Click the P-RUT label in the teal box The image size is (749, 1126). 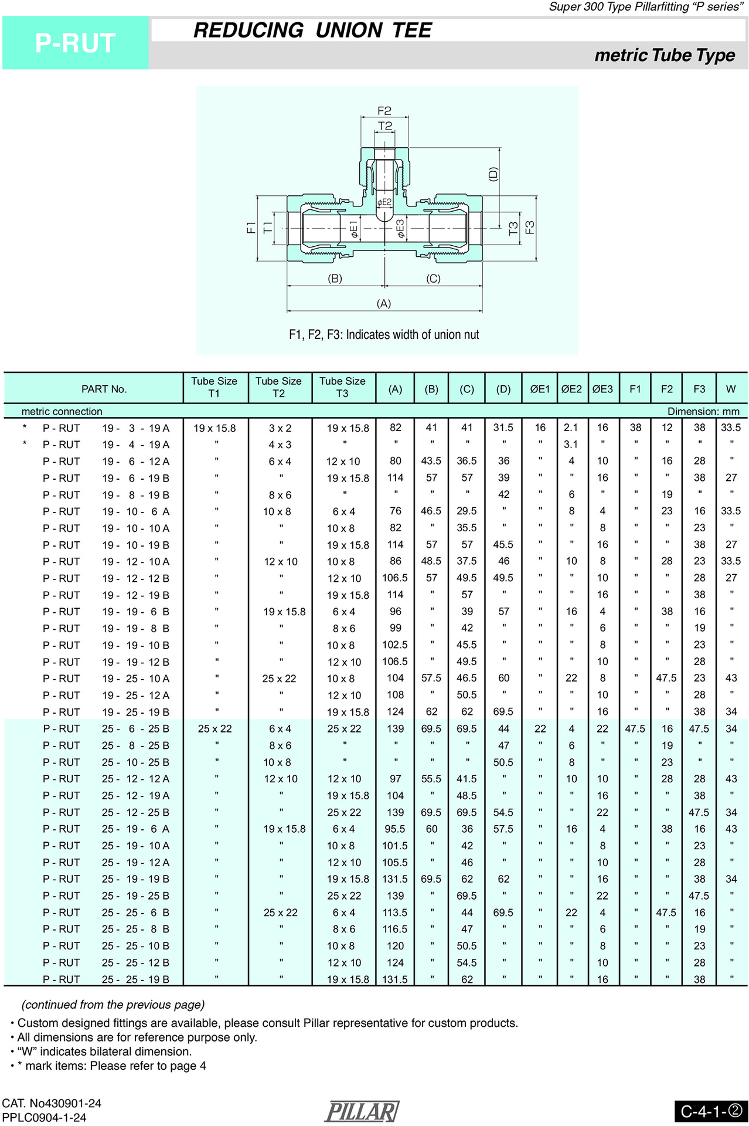point(75,43)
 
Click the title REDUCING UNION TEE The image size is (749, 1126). point(312,30)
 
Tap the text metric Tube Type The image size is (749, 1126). point(664,55)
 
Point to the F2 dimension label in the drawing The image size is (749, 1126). point(384,110)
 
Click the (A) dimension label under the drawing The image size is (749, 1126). point(384,303)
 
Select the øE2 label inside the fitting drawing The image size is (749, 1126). point(384,202)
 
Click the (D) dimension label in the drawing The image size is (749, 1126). point(493,174)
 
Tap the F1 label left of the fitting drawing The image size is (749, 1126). point(251,228)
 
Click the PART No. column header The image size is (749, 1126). point(104,389)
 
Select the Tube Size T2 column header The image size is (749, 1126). point(278,387)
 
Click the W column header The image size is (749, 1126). point(730,389)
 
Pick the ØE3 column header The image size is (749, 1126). point(602,389)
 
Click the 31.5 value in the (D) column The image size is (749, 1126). point(503,428)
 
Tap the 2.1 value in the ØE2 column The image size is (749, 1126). point(570,428)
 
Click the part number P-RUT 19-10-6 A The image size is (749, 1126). point(106,511)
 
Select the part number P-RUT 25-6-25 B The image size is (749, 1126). point(106,728)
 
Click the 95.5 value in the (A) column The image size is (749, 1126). point(395,829)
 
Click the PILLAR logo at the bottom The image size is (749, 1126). point(362,1111)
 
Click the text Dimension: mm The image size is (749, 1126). point(703,411)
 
